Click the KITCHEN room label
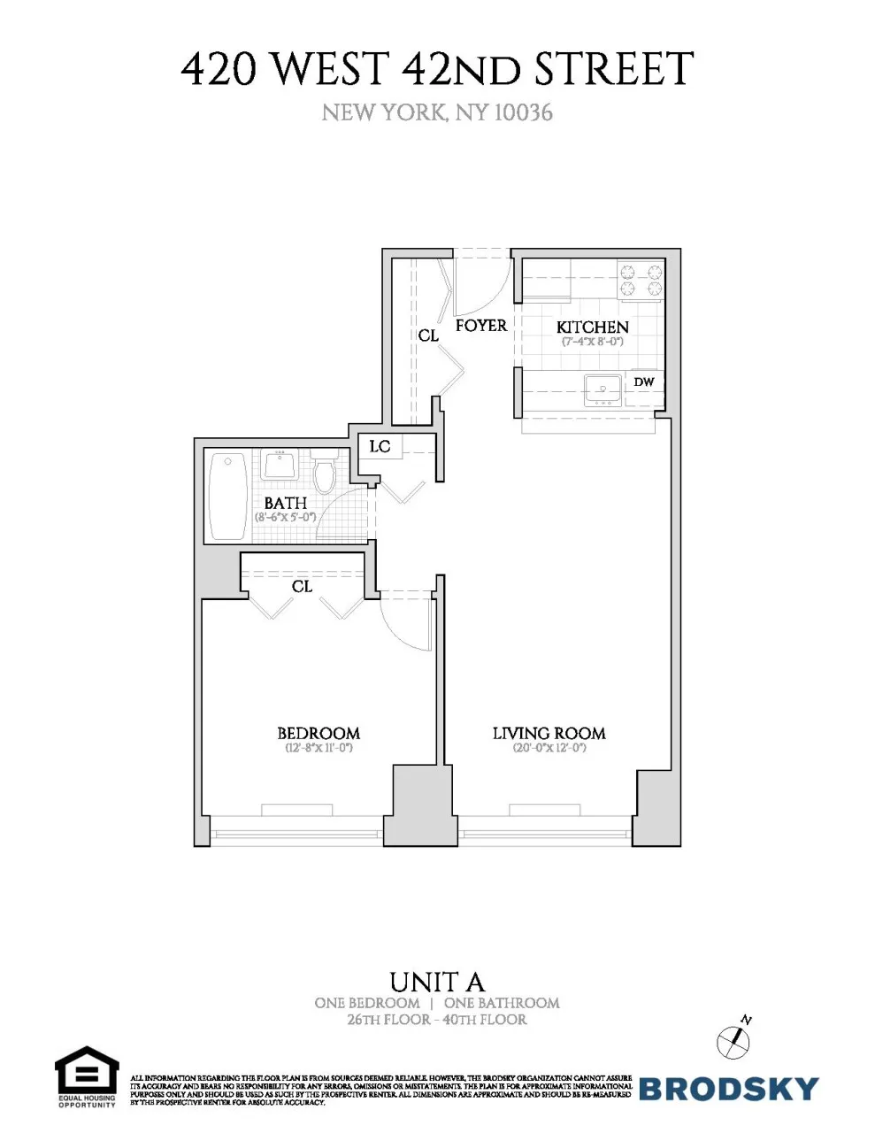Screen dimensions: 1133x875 point(592,327)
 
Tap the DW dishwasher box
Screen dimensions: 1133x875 point(644,382)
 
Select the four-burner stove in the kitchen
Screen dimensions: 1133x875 point(640,280)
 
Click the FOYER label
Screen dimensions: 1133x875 point(481,325)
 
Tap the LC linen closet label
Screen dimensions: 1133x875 point(380,446)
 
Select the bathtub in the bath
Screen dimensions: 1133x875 point(228,496)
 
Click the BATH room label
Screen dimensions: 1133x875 point(285,503)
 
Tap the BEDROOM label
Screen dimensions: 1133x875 point(319,733)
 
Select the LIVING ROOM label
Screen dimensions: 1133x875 point(549,733)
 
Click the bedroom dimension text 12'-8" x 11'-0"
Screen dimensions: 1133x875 point(319,748)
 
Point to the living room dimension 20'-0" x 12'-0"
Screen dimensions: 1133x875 point(549,748)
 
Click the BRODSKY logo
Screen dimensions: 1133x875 point(728,1088)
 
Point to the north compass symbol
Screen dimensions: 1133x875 point(734,1039)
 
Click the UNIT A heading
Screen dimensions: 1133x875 point(437,982)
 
